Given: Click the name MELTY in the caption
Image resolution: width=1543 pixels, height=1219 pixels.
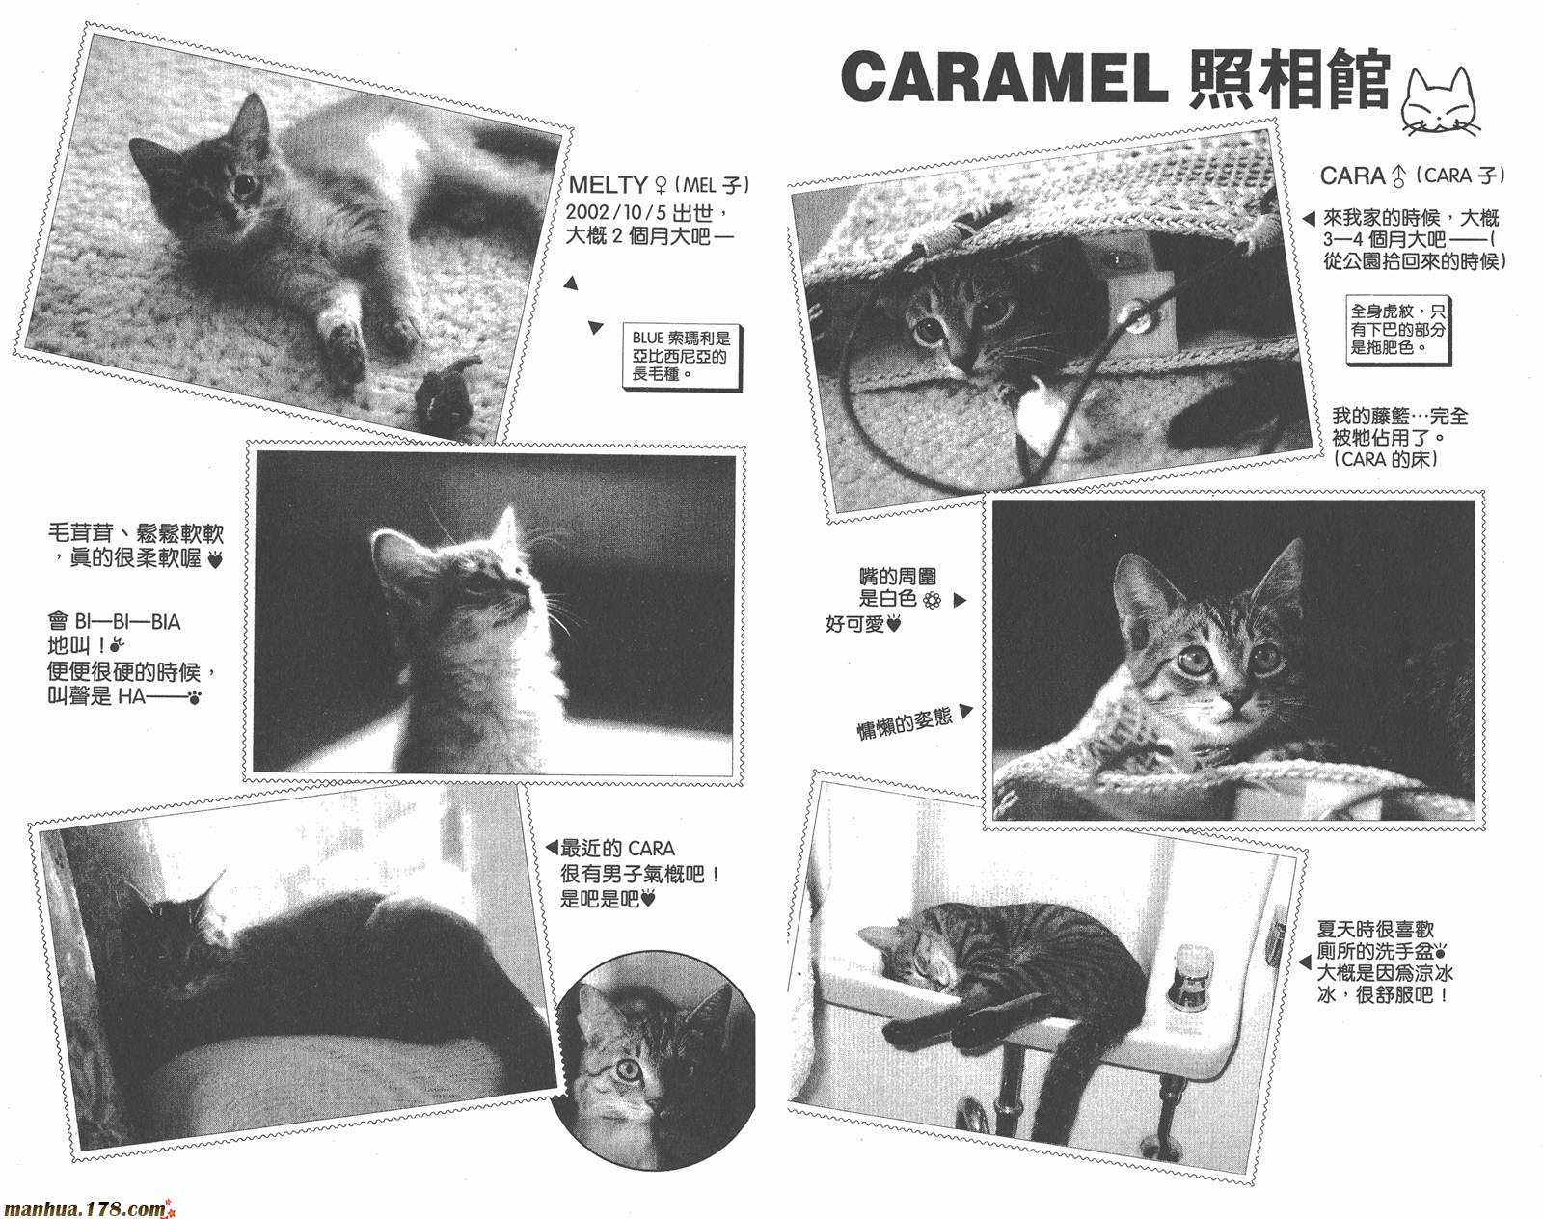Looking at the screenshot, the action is pyautogui.click(x=608, y=185).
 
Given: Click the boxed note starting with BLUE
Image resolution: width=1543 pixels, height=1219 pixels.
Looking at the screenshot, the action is pyautogui.click(x=680, y=357).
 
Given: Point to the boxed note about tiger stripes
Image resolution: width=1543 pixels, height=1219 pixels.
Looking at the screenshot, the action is pyautogui.click(x=1397, y=331).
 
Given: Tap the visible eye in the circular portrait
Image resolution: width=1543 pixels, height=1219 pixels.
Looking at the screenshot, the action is pyautogui.click(x=629, y=1070).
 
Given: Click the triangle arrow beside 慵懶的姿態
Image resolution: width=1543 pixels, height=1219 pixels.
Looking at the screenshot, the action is pyautogui.click(x=965, y=711).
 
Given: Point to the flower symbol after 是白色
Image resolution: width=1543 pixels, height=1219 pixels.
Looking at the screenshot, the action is pyautogui.click(x=932, y=601).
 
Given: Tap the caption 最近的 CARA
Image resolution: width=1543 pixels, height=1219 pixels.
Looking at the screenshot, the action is pyautogui.click(x=616, y=849).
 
